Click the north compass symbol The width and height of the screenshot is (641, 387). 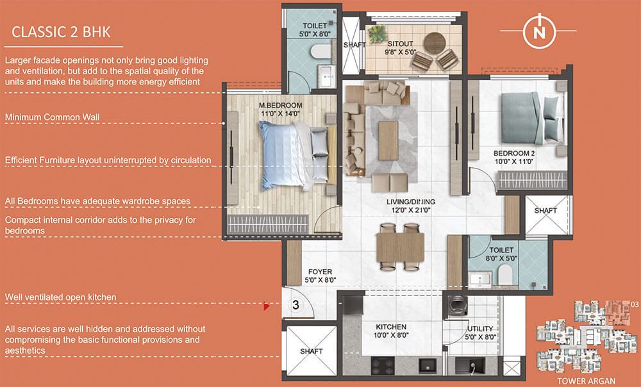coord(539,31)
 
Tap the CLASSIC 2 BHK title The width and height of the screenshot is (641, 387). coord(61,32)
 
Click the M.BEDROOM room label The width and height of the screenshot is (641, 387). coord(281,106)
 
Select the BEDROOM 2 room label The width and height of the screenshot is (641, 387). coord(514,153)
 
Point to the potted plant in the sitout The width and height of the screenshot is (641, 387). coord(378,34)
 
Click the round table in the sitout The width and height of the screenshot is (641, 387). coord(434,44)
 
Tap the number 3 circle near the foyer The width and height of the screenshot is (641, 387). coord(296,305)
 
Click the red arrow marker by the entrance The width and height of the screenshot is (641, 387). coord(267,306)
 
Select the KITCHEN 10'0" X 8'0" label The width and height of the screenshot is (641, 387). coord(391,331)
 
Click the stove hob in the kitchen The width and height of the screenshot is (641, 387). coord(383,366)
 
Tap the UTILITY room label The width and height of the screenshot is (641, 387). coord(480,329)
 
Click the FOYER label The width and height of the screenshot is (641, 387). coord(320,272)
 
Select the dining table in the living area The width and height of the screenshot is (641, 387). coord(400,247)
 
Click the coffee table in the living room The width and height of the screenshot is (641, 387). coord(388,140)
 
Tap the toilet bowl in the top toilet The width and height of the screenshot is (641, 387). coord(320,52)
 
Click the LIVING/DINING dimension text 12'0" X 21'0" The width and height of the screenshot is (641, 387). coord(411,210)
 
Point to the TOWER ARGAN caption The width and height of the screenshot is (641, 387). coord(587,381)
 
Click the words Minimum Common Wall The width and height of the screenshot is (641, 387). coord(53,117)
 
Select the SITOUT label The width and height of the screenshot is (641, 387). coord(400,44)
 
